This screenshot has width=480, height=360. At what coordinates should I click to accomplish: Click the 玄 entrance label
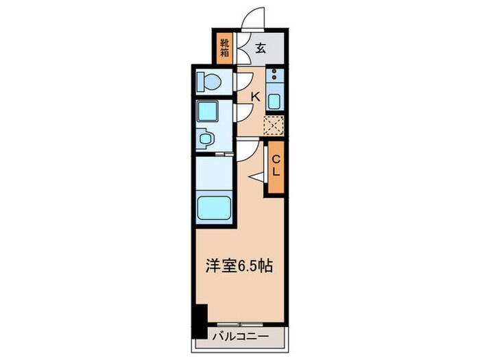pyautogui.click(x=262, y=48)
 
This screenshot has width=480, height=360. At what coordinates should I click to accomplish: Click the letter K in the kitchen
pyautogui.click(x=254, y=97)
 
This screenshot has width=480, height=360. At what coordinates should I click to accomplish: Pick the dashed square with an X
pyautogui.click(x=274, y=125)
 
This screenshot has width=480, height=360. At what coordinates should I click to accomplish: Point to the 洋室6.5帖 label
pyautogui.click(x=240, y=266)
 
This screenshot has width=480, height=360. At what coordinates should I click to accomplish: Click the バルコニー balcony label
pyautogui.click(x=239, y=336)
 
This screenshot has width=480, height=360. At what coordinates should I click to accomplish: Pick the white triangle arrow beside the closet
pyautogui.click(x=257, y=177)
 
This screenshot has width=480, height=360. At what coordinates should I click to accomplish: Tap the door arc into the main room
pyautogui.click(x=247, y=149)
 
